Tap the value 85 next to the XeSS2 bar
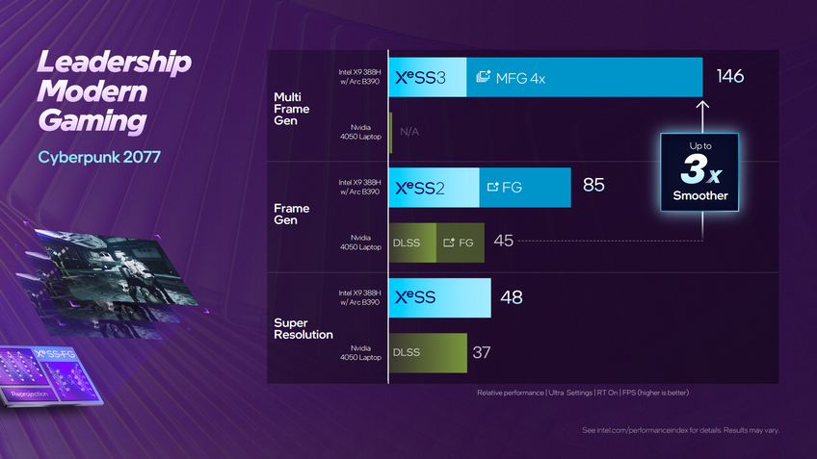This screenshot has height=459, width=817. pos(593,185)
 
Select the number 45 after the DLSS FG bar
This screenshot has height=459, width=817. pos(503,241)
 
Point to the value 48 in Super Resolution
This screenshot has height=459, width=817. pos(512,297)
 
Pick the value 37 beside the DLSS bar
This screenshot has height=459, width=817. pos(482,352)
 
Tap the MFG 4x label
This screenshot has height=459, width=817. pos(513,78)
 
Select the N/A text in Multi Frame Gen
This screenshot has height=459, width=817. pos(410,132)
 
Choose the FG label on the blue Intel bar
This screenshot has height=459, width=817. pos(506,187)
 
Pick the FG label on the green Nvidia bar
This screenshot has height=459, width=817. pos(459,242)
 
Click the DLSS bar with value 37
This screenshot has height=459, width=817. pos(428,353)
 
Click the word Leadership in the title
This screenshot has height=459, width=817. pos(114,64)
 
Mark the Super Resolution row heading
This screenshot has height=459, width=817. pos(303,328)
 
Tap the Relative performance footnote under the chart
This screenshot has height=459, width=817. pos(583,393)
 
